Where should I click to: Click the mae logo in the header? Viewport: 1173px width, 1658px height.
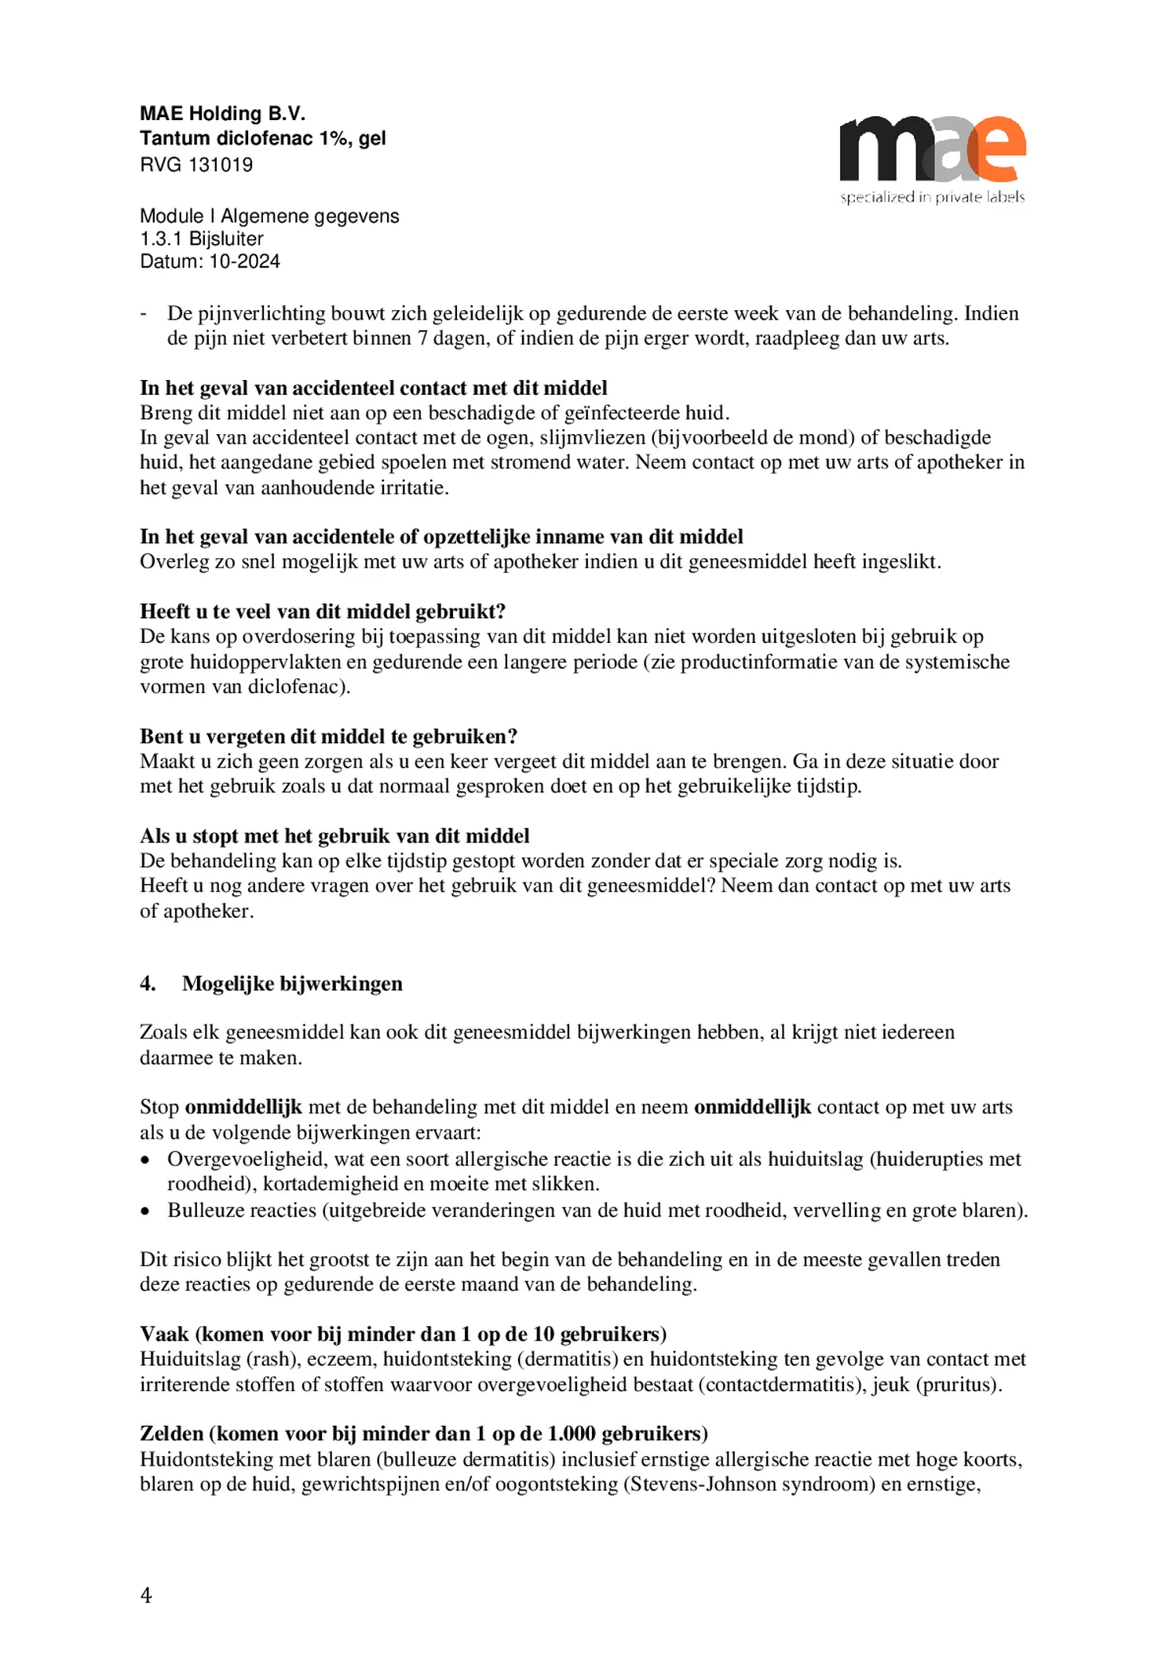click(932, 149)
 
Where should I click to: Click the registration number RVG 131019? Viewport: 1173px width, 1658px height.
click(196, 165)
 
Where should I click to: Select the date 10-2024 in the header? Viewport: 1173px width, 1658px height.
click(244, 261)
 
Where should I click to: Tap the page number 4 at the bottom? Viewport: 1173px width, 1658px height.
click(146, 1595)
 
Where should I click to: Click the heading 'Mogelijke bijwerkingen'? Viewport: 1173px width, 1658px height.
click(292, 984)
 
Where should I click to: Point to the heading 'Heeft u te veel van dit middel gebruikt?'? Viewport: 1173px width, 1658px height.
click(323, 612)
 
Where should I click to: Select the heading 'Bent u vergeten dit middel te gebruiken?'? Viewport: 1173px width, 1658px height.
click(328, 736)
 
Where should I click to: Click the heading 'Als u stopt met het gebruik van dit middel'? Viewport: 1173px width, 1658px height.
click(334, 836)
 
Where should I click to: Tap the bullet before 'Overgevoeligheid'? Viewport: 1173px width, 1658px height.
click(144, 1160)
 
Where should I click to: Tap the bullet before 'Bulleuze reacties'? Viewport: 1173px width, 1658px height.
click(144, 1211)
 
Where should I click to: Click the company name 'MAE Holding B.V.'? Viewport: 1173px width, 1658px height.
click(222, 114)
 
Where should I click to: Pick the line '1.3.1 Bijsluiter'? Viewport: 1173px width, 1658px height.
click(201, 239)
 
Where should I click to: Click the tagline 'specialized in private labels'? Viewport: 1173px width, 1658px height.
click(932, 197)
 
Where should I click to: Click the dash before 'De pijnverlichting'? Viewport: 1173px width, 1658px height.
click(144, 314)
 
